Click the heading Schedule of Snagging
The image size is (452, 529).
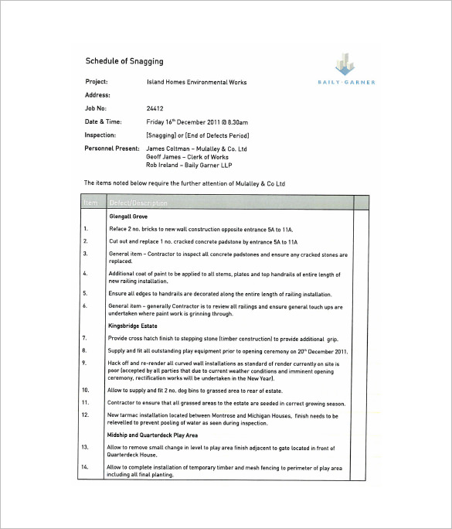(x=124, y=61)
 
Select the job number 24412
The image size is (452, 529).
(x=155, y=109)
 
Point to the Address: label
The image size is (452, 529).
(x=98, y=95)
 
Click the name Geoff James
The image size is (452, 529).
(x=163, y=156)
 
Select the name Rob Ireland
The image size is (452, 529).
(x=163, y=165)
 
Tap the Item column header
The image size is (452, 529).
(x=91, y=203)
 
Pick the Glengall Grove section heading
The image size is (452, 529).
(x=128, y=217)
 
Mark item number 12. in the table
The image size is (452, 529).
(x=87, y=415)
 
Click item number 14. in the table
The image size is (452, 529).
(x=87, y=468)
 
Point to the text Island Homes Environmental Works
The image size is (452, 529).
(x=196, y=82)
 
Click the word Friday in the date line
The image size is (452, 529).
(x=155, y=122)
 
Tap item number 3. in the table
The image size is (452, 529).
(x=86, y=242)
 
